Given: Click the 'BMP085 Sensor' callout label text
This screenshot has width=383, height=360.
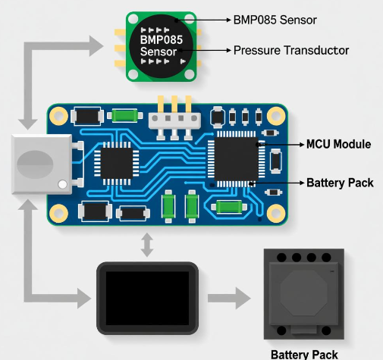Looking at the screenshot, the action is click(x=275, y=20).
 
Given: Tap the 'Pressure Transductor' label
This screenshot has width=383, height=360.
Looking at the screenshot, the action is click(x=291, y=50).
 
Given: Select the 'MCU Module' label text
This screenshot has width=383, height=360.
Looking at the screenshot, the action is click(x=338, y=144).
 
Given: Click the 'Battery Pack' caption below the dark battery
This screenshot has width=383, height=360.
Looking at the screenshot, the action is click(x=304, y=355).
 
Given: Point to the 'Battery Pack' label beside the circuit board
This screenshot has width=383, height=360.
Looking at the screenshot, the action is click(x=340, y=183).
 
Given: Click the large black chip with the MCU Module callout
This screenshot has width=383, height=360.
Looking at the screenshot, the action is click(x=236, y=159).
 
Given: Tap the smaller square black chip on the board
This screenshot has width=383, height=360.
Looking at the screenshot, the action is click(x=117, y=163).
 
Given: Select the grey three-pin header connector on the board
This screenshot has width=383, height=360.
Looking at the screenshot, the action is click(x=174, y=121).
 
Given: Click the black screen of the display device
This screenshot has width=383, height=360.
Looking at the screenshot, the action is click(x=147, y=298).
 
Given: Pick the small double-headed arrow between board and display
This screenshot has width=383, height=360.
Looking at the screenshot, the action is click(x=147, y=245).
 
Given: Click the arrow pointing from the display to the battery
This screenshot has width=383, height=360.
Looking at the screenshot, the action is click(x=229, y=298).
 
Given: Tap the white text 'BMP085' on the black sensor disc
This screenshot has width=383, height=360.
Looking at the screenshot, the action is click(x=162, y=39).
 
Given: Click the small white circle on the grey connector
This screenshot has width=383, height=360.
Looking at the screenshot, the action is click(x=62, y=184).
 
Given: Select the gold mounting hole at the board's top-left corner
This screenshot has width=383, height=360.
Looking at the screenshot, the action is click(x=58, y=116).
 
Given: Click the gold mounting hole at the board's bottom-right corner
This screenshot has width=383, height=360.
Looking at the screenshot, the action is click(x=276, y=213).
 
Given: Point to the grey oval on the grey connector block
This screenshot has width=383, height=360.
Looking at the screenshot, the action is click(x=35, y=164).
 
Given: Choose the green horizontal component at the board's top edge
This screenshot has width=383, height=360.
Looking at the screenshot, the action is click(x=124, y=116).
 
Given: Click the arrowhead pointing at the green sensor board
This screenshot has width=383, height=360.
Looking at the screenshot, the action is click(x=96, y=46).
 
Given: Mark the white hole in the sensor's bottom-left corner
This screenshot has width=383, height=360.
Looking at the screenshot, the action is click(x=133, y=74).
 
